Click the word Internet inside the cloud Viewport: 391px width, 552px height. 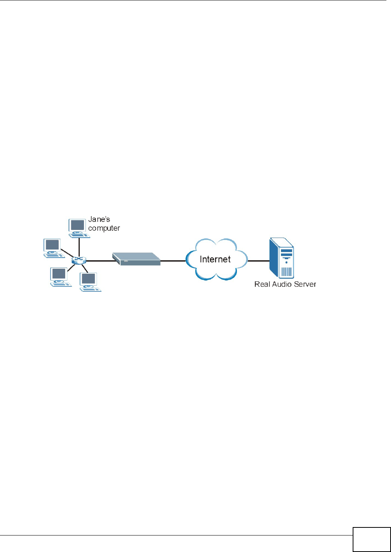pyautogui.click(x=215, y=259)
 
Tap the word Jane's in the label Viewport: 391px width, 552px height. pyautogui.click(x=99, y=219)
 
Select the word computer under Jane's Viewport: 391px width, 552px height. pyautogui.click(x=104, y=228)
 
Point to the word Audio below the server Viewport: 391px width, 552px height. pyautogui.click(x=282, y=284)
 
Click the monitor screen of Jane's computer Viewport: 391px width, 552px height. pyautogui.click(x=77, y=225)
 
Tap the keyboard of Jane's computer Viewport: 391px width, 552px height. pyautogui.click(x=79, y=236)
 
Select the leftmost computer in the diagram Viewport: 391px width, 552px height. pyautogui.click(x=53, y=248)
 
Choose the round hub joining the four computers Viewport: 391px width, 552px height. pyautogui.click(x=79, y=260)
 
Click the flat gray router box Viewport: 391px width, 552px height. pyautogui.click(x=136, y=259)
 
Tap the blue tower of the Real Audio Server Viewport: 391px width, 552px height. pyautogui.click(x=281, y=258)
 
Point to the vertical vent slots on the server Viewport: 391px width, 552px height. pyautogui.click(x=286, y=271)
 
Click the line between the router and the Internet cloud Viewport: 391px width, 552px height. pyautogui.click(x=173, y=261)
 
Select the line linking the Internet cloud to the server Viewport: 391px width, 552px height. pyautogui.click(x=259, y=261)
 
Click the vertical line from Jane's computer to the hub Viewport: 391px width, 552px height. pyautogui.click(x=79, y=247)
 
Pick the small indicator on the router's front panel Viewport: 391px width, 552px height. pyautogui.click(x=126, y=261)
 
